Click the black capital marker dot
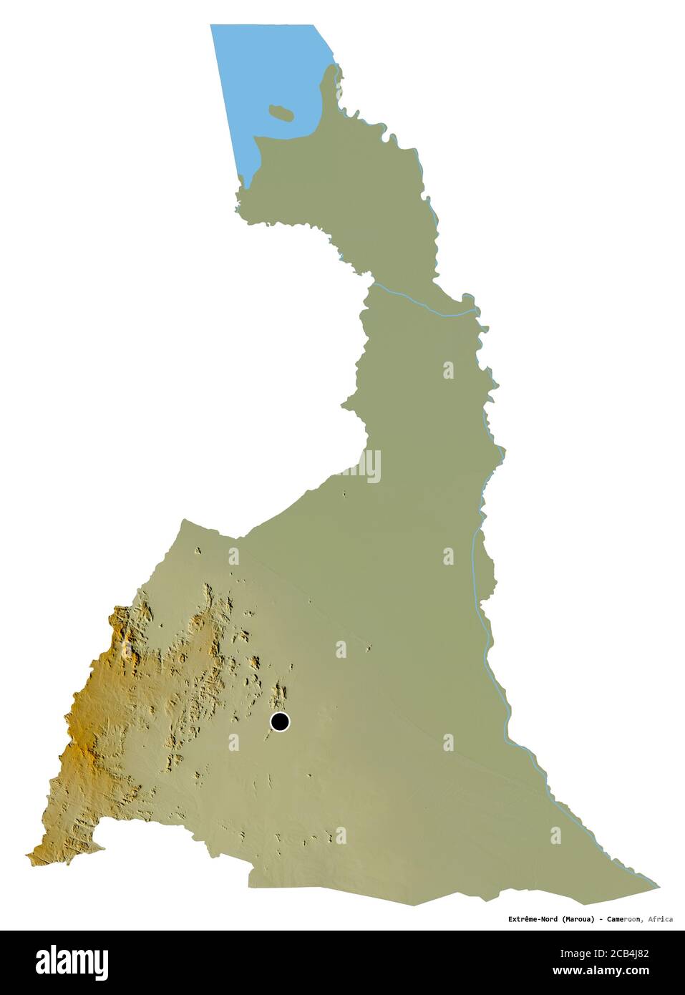tap(280, 722)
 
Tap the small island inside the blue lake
tap(280, 112)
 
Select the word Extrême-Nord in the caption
tap(533, 918)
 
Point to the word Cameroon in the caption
tap(621, 918)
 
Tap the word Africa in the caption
tap(659, 918)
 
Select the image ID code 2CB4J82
tap(627, 953)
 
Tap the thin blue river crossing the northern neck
tap(422, 304)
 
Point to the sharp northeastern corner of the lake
tap(314, 26)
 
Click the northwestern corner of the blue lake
tap(211, 26)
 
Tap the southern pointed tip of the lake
tap(244, 188)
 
